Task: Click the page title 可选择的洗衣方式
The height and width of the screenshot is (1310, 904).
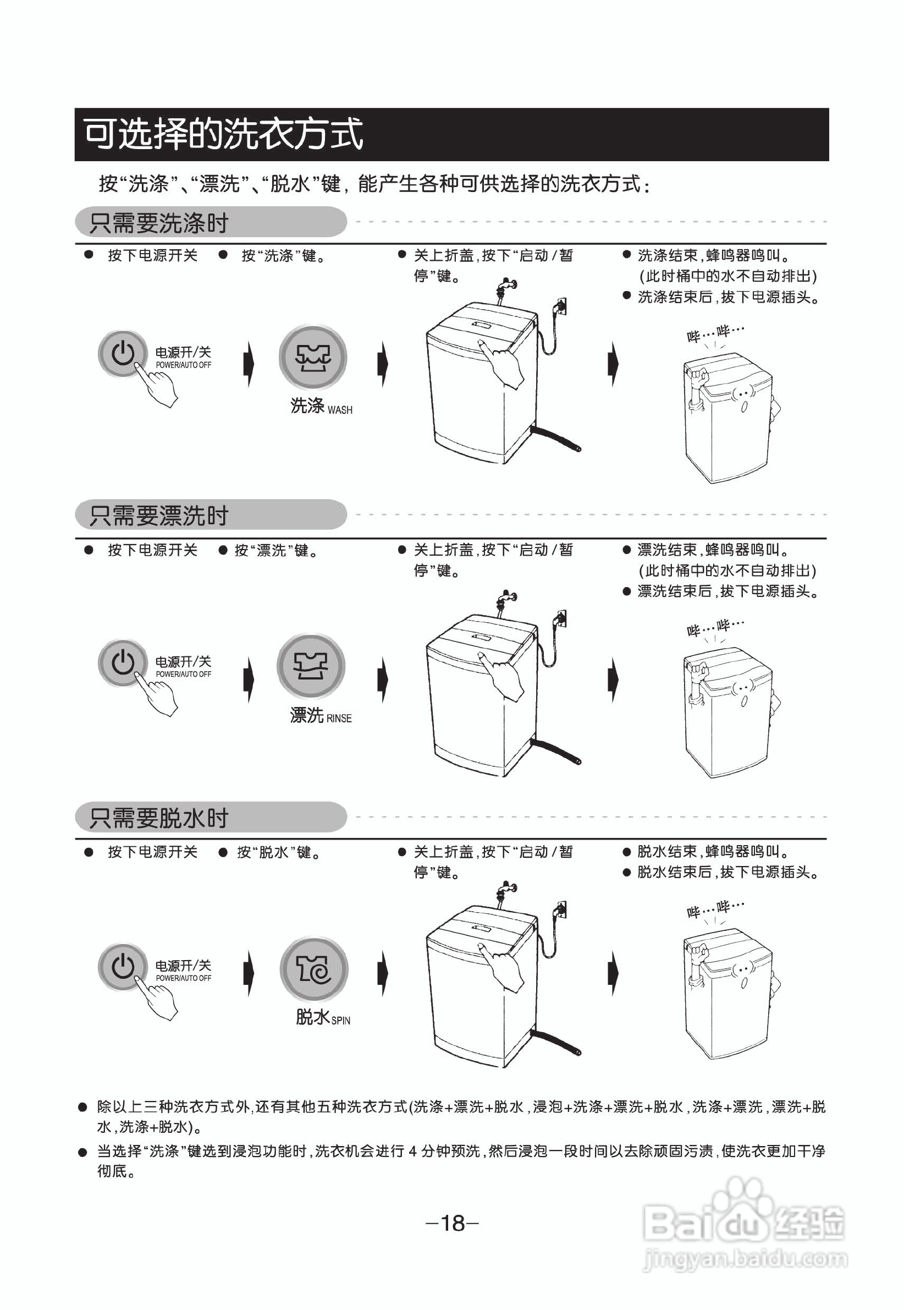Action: pyautogui.click(x=223, y=134)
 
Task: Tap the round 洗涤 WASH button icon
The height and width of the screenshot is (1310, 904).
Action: pyautogui.click(x=313, y=357)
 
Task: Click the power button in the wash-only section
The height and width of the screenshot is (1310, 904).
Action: pyautogui.click(x=122, y=353)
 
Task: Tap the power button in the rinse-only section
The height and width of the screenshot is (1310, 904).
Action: pyautogui.click(x=122, y=662)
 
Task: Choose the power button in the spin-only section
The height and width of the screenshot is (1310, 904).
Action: pyautogui.click(x=122, y=966)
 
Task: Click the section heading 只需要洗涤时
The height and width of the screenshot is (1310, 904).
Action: pyautogui.click(x=159, y=223)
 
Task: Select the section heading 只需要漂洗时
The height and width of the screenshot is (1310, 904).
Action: pyautogui.click(x=159, y=516)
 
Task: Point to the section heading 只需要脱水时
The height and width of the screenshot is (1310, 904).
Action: pyautogui.click(x=159, y=818)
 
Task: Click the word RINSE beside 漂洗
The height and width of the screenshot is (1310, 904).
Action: pyautogui.click(x=339, y=719)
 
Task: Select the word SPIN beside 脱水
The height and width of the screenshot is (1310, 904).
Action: pyautogui.click(x=340, y=1021)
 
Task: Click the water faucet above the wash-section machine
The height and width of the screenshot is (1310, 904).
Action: pyautogui.click(x=506, y=288)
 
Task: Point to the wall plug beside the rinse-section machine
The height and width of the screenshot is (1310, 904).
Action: pyautogui.click(x=560, y=618)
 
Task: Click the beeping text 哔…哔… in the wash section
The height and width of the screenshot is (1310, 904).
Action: pyautogui.click(x=715, y=333)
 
